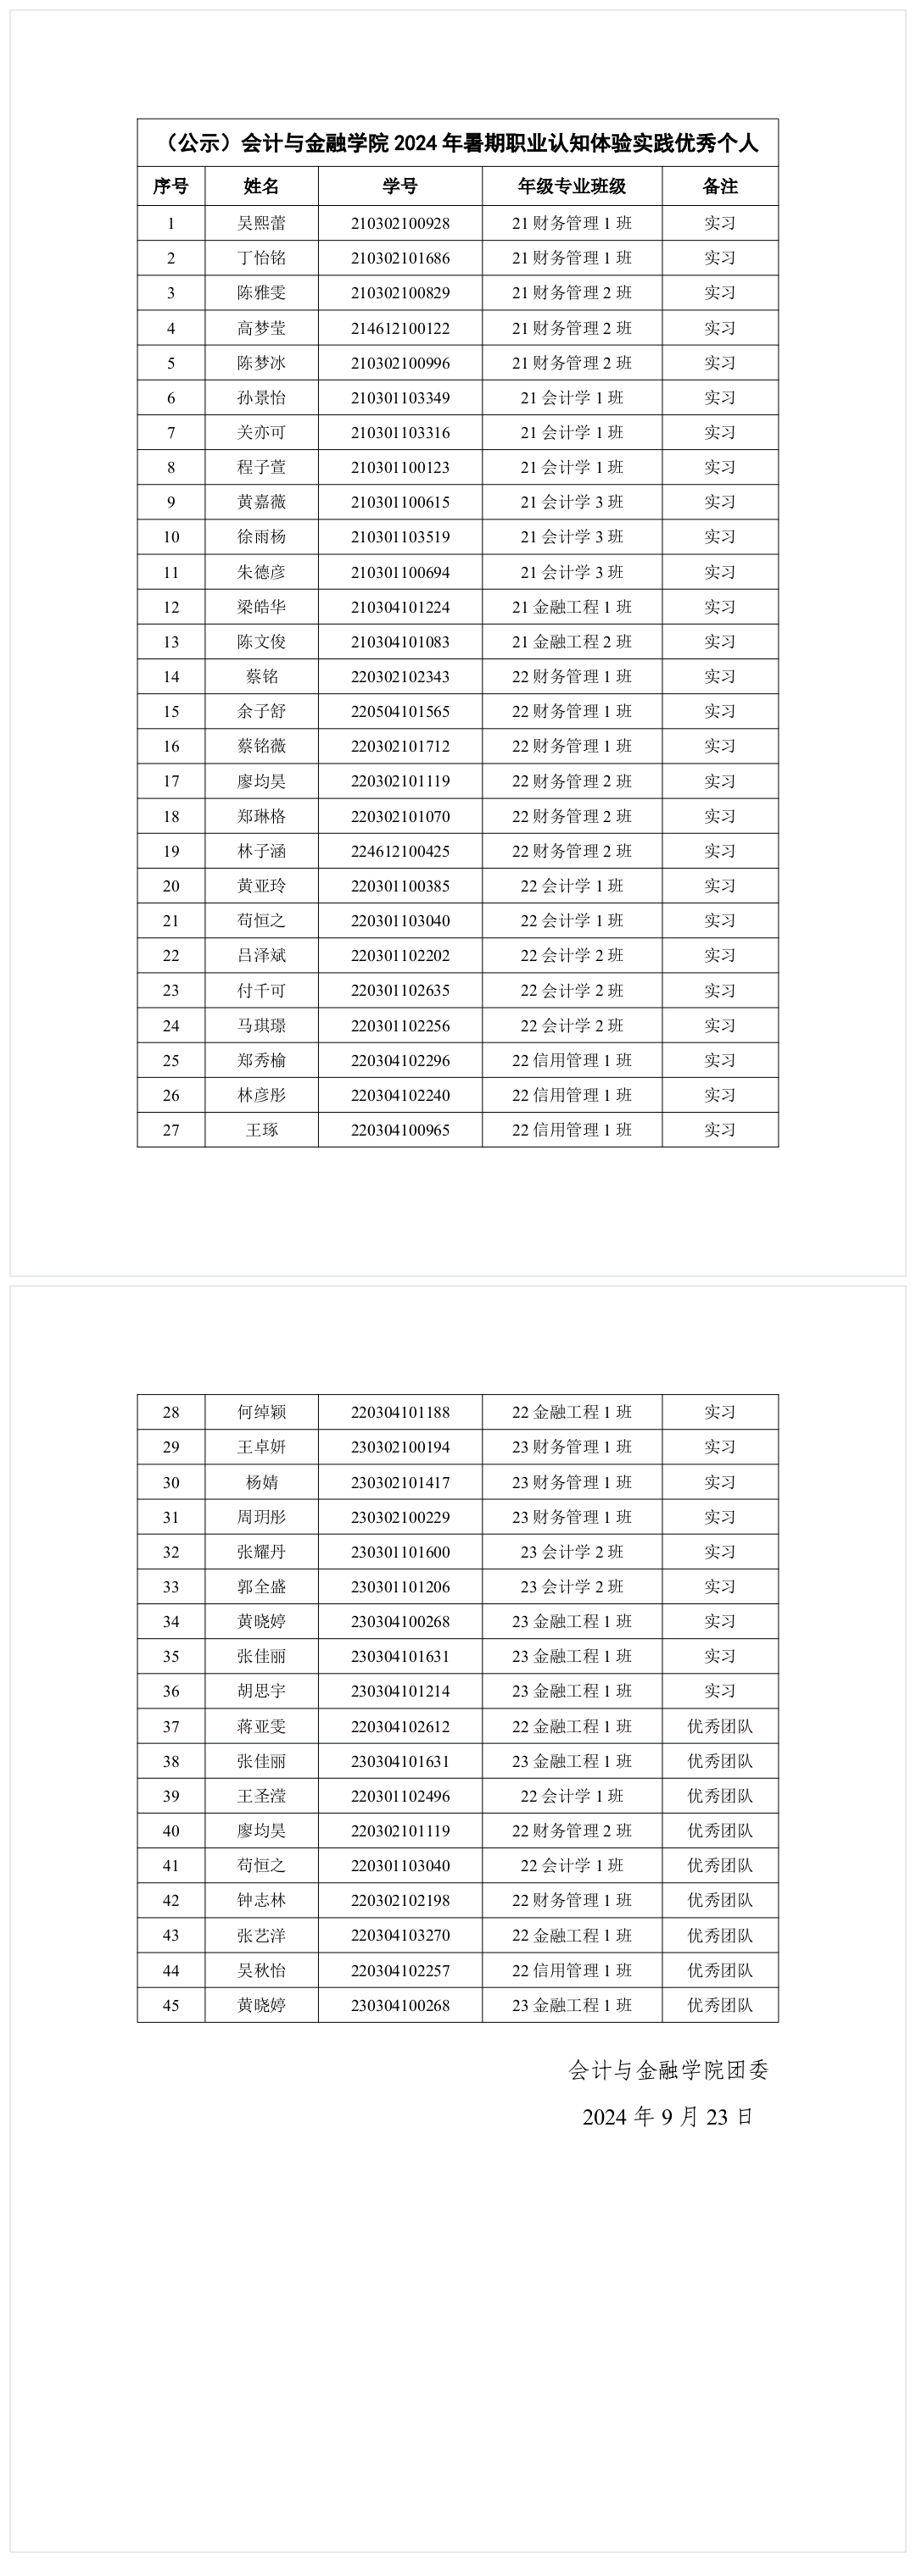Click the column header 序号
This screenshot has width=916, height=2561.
tap(171, 186)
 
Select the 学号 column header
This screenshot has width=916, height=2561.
tap(399, 186)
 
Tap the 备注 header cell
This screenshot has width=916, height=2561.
tap(720, 186)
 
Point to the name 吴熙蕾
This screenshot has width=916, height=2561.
tap(261, 223)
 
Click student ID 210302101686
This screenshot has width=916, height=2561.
tap(399, 258)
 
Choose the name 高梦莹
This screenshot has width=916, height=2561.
tap(261, 328)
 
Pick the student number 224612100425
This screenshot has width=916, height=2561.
tap(399, 851)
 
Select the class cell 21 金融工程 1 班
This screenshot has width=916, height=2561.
tap(572, 607)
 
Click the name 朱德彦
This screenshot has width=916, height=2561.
tap(261, 572)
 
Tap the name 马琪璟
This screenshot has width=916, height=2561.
tap(261, 1025)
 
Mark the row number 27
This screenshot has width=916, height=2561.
tap(171, 1130)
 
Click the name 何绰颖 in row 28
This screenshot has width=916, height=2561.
tap(261, 1412)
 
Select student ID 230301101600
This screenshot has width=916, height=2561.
tap(399, 1552)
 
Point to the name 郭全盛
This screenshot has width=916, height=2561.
tap(261, 1586)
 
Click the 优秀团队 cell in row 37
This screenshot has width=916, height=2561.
tap(720, 1726)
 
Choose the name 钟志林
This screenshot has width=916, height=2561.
tap(261, 1900)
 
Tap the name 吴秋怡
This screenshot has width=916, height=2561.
tap(261, 1970)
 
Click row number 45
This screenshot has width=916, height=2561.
tap(171, 2005)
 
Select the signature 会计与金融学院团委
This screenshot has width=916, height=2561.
tap(668, 2069)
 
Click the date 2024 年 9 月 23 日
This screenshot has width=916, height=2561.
tap(668, 2117)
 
